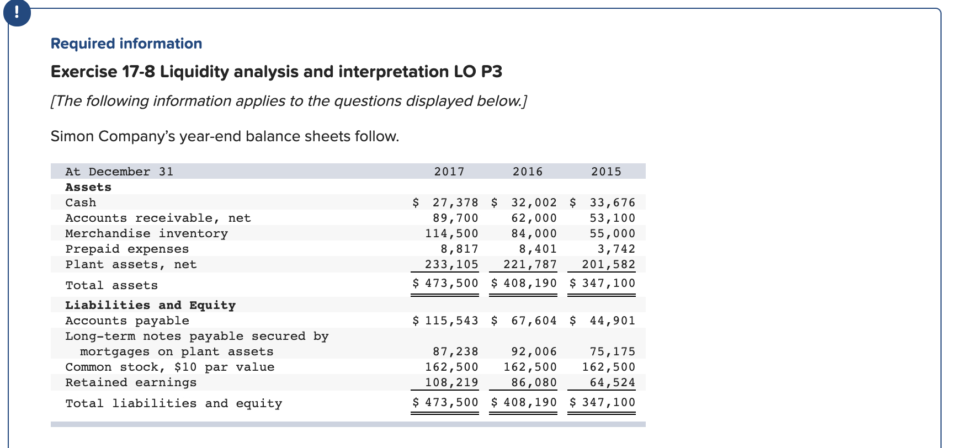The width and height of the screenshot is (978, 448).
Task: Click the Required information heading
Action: pyautogui.click(x=126, y=44)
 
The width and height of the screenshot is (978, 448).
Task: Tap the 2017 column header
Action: pyautogui.click(x=449, y=172)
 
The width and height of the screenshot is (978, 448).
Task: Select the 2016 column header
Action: pyautogui.click(x=528, y=172)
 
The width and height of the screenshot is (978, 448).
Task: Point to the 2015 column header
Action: pyautogui.click(x=606, y=172)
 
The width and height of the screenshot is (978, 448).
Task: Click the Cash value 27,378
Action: pyautogui.click(x=455, y=203)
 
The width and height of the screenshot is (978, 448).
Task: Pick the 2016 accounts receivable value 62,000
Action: pyautogui.click(x=534, y=218)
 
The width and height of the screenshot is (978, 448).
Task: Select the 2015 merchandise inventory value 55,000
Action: pyautogui.click(x=613, y=234)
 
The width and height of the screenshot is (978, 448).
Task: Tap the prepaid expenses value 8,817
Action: pyautogui.click(x=459, y=249)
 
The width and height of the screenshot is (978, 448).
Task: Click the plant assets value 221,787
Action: pyautogui.click(x=530, y=265)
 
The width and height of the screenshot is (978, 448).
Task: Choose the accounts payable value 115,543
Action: pyautogui.click(x=451, y=321)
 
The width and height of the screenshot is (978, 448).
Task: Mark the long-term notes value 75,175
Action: pyautogui.click(x=613, y=352)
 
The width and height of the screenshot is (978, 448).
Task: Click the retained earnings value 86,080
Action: pyautogui.click(x=534, y=383)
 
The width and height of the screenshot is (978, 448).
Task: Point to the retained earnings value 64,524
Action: pyautogui.click(x=613, y=383)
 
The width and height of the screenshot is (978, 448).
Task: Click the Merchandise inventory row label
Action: pyautogui.click(x=146, y=234)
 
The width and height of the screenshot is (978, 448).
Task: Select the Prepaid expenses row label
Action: pyautogui.click(x=127, y=249)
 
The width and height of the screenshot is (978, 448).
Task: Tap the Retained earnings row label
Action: pyautogui.click(x=131, y=383)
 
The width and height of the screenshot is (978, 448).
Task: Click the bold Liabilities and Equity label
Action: pyautogui.click(x=150, y=306)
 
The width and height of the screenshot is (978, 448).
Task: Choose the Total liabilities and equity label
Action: pyautogui.click(x=173, y=404)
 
